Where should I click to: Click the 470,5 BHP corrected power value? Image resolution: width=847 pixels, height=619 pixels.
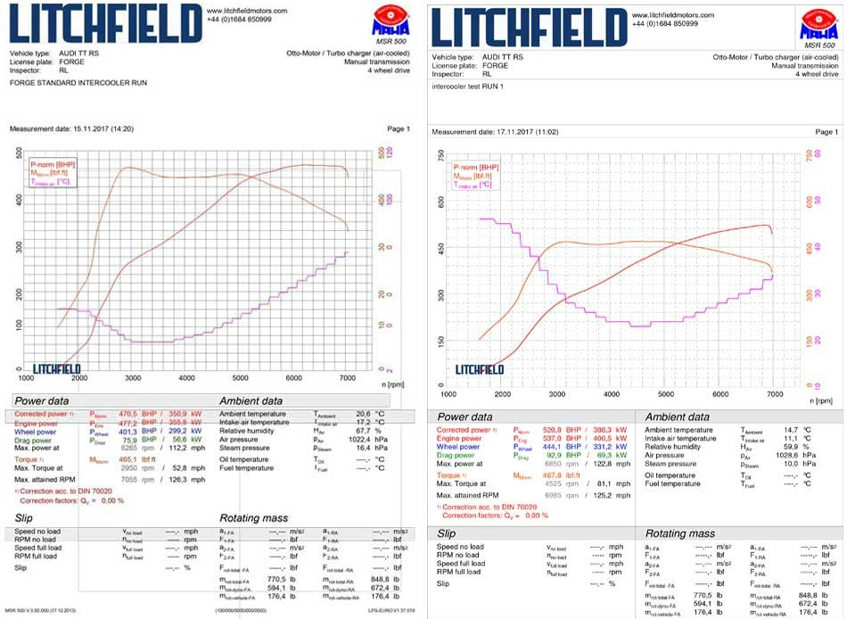click(x=122, y=414)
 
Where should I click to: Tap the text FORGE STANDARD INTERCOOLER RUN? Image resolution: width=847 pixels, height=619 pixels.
click(x=78, y=82)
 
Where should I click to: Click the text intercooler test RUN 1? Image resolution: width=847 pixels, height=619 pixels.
click(x=467, y=87)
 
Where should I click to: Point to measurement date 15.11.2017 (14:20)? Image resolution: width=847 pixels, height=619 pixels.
click(x=71, y=129)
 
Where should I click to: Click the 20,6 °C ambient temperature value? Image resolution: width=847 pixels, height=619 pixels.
click(x=364, y=414)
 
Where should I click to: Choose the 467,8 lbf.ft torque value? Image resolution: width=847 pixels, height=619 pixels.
click(x=543, y=475)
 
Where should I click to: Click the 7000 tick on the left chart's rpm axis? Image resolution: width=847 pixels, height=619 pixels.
click(x=348, y=378)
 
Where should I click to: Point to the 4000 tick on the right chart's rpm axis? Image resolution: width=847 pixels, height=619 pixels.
click(x=612, y=393)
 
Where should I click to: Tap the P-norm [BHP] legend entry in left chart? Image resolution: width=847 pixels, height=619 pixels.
click(x=53, y=165)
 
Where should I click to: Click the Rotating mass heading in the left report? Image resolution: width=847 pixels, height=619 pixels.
click(x=253, y=517)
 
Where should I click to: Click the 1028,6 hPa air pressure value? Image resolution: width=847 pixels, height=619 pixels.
click(x=785, y=456)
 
